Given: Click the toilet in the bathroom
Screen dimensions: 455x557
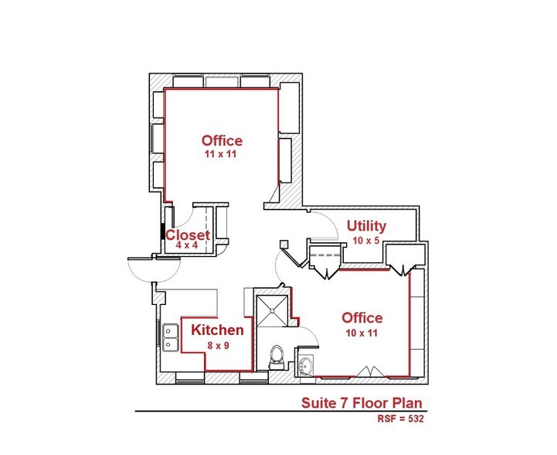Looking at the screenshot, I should (x=275, y=357).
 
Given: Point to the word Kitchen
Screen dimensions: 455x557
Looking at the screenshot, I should (x=218, y=330).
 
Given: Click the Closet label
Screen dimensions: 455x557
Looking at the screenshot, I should (x=188, y=235).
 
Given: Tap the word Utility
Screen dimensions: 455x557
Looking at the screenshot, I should (x=366, y=226).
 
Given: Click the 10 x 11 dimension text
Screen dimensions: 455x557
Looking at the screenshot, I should (x=362, y=332).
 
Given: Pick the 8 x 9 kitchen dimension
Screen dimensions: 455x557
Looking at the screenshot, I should (x=218, y=345).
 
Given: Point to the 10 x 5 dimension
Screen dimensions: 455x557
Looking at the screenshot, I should (x=366, y=241).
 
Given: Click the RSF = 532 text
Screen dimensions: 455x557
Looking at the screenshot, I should (x=401, y=419).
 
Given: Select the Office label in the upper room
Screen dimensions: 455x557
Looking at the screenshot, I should (x=222, y=141).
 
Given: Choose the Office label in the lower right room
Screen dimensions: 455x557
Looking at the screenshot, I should (x=362, y=318).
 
